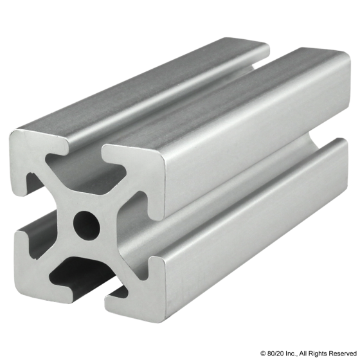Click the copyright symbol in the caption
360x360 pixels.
click(x=263, y=353)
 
